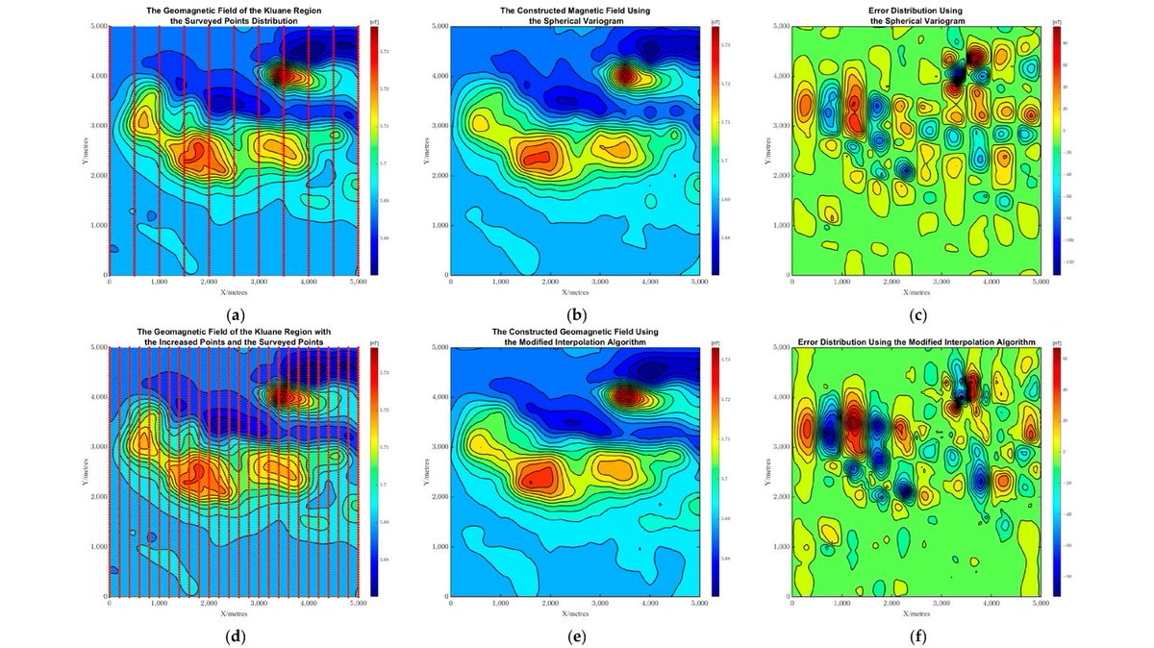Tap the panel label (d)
click(234, 636)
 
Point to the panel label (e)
click(576, 636)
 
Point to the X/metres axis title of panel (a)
click(234, 289)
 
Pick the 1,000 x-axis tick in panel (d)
click(160, 604)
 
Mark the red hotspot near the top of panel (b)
click(626, 73)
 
